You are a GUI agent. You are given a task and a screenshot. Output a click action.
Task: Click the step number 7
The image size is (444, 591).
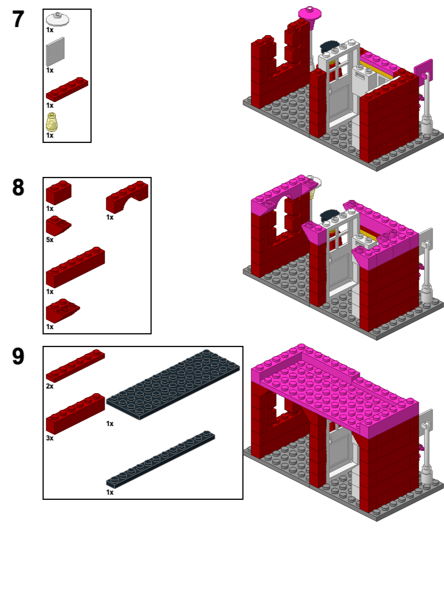pyautogui.click(x=18, y=20)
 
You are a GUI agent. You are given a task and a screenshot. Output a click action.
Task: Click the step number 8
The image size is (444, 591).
pyautogui.click(x=18, y=188)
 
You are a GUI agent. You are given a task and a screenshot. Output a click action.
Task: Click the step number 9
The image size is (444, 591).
pyautogui.click(x=18, y=357)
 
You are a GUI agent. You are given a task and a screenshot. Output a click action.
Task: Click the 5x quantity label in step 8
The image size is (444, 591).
pyautogui.click(x=50, y=239)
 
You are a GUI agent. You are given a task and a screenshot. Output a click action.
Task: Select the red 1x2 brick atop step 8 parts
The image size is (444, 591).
pyautogui.click(x=58, y=192)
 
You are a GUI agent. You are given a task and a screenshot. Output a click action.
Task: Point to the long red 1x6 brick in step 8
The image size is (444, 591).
pyautogui.click(x=75, y=268)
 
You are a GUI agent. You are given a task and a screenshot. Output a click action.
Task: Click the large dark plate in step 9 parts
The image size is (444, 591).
pyautogui.click(x=173, y=384)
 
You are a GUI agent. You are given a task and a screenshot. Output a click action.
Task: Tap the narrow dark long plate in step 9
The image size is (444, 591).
pyautogui.click(x=161, y=458)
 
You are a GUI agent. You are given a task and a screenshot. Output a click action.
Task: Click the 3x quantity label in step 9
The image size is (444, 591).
pyautogui.click(x=50, y=438)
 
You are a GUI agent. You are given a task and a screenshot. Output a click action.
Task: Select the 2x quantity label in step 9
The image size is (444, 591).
pyautogui.click(x=50, y=386)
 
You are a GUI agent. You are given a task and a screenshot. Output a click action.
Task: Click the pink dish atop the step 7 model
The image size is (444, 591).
pyautogui.click(x=310, y=13)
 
